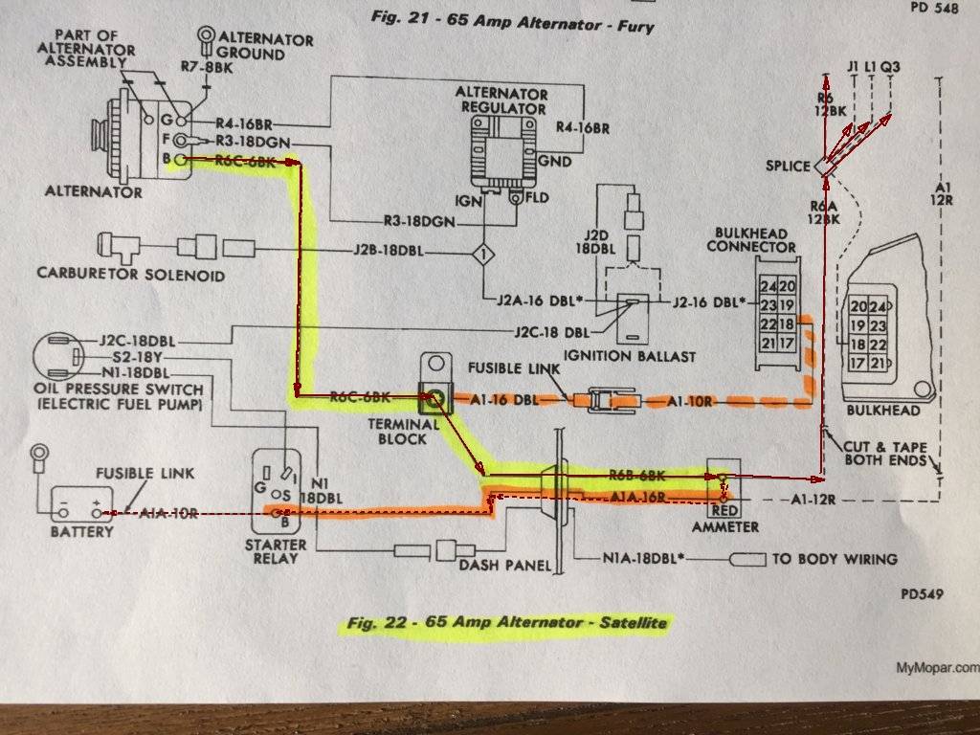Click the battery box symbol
point(81,502)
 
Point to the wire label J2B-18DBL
point(388,254)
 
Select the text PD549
point(922,594)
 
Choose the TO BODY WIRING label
point(835,559)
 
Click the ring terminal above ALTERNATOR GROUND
point(206,35)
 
